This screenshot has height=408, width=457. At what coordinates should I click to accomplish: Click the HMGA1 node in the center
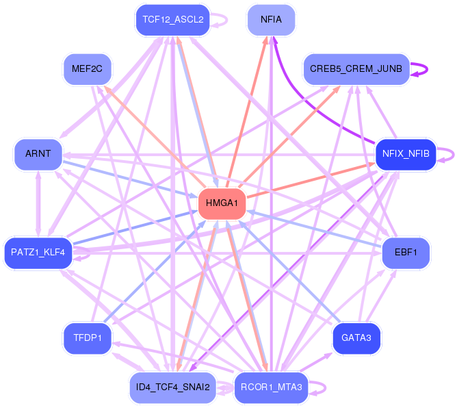click(x=222, y=203)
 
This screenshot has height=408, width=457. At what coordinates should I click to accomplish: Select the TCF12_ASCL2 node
click(x=173, y=20)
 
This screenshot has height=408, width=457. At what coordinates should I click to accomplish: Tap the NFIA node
click(x=271, y=20)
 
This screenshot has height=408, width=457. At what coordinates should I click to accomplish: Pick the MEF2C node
click(x=87, y=69)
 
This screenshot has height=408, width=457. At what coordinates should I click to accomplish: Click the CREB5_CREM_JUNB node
click(x=356, y=69)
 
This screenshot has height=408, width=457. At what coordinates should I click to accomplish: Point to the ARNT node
click(x=38, y=154)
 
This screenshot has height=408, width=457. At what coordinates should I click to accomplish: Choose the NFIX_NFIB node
click(x=406, y=154)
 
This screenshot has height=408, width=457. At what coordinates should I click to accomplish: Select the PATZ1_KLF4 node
click(x=38, y=253)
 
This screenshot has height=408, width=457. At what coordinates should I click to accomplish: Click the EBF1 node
click(x=406, y=253)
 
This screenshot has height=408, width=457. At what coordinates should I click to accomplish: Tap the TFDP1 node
click(x=87, y=338)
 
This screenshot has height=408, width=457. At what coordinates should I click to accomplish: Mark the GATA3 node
click(x=356, y=338)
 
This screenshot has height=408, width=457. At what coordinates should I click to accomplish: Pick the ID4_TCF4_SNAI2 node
click(x=173, y=387)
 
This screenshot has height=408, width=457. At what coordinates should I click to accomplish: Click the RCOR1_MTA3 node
click(x=271, y=387)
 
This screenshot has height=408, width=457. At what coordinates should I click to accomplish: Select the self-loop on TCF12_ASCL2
click(x=226, y=20)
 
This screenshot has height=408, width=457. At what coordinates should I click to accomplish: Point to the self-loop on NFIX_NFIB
click(x=454, y=154)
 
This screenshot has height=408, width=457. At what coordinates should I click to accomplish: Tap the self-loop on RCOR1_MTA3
click(x=325, y=387)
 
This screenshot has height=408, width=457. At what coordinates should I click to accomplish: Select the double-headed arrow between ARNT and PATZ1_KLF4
click(x=38, y=203)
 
